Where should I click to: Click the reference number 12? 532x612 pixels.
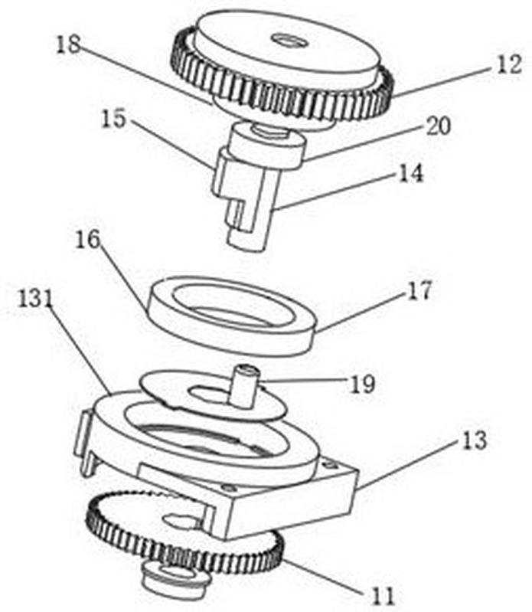tap(509, 65)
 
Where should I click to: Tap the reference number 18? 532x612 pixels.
tap(68, 44)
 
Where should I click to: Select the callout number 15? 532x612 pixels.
tap(113, 119)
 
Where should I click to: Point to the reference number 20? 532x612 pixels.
tap(438, 126)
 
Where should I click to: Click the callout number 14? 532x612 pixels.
tap(411, 173)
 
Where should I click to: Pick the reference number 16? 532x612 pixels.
tap(88, 239)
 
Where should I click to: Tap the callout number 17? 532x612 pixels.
tap(419, 290)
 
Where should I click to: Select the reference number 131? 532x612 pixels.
tap(35, 299)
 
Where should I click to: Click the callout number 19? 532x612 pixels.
tap(362, 384)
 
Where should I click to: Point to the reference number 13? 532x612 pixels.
tap(475, 440)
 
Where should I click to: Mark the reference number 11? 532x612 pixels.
tap(382, 596)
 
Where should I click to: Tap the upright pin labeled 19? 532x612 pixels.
tap(243, 386)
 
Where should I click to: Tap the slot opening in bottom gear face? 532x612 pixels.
tap(180, 519)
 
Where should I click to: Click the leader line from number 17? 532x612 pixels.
tap(361, 312)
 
